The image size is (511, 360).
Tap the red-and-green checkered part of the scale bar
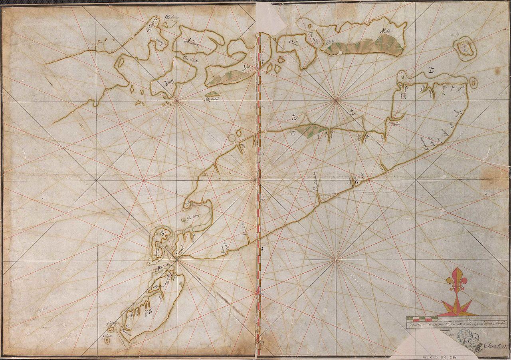click(x=422, y=319)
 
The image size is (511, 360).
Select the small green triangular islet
click(x=212, y=94)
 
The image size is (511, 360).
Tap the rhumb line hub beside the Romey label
click(x=177, y=100)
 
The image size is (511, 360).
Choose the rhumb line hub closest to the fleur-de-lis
click(x=336, y=260)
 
